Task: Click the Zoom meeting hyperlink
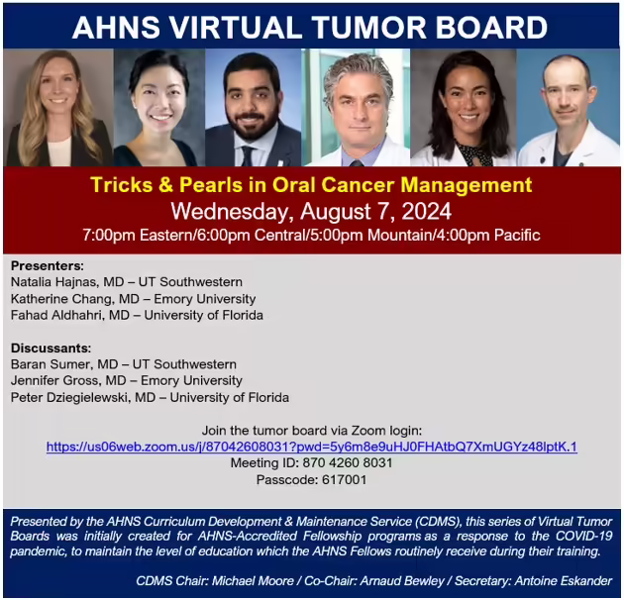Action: [312, 447]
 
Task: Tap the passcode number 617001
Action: [345, 479]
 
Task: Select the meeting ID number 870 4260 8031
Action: [348, 462]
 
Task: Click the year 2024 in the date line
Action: [426, 211]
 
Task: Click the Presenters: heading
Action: [48, 265]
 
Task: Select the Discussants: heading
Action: [51, 349]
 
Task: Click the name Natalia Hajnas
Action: [53, 282]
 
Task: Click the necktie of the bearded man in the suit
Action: [248, 156]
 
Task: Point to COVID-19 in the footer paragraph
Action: [583, 536]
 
